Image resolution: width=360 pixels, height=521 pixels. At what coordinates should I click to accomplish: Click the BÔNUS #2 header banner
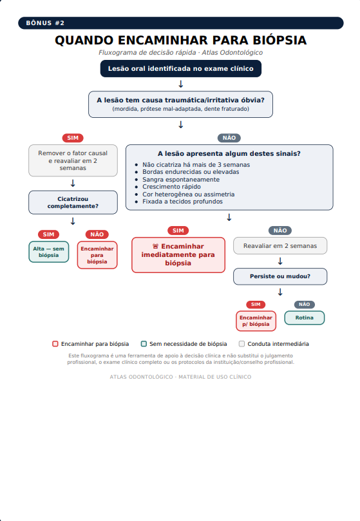point(180,23)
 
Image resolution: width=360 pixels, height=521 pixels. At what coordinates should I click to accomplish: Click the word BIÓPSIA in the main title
point(279,40)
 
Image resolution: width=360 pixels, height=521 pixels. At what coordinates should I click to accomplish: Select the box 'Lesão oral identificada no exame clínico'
point(180,68)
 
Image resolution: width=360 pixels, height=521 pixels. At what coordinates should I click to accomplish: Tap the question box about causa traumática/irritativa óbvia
point(180,104)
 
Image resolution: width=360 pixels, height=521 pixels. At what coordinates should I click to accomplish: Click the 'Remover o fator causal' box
point(73,160)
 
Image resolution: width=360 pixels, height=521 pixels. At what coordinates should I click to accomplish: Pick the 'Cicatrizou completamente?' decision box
point(73,202)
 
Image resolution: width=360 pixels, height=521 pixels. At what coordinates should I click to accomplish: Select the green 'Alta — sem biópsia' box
point(48,252)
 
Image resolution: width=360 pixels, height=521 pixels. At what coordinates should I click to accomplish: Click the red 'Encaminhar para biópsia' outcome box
point(97,255)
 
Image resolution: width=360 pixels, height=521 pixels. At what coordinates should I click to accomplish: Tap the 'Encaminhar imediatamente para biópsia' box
point(178,255)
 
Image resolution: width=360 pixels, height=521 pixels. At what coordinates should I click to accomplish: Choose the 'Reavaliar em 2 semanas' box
point(280,246)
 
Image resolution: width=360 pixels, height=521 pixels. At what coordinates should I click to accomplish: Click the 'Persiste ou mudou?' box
point(280,276)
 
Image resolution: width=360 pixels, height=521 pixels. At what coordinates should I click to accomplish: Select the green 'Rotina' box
point(304,317)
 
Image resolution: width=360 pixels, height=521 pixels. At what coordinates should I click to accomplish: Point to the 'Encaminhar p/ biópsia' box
point(256,321)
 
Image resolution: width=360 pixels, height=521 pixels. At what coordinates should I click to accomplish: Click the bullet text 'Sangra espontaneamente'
point(181,180)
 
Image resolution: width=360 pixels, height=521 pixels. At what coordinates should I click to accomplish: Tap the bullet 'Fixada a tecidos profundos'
point(182,202)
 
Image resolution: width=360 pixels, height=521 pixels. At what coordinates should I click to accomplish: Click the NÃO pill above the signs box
point(229,138)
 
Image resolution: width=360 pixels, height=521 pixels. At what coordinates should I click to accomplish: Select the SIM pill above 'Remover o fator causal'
point(73,138)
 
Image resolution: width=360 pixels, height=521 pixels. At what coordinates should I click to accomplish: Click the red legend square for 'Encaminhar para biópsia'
point(55,344)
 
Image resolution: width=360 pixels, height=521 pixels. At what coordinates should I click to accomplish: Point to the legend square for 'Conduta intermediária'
point(242,344)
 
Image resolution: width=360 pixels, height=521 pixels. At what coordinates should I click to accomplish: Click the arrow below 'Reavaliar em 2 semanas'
point(280,261)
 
